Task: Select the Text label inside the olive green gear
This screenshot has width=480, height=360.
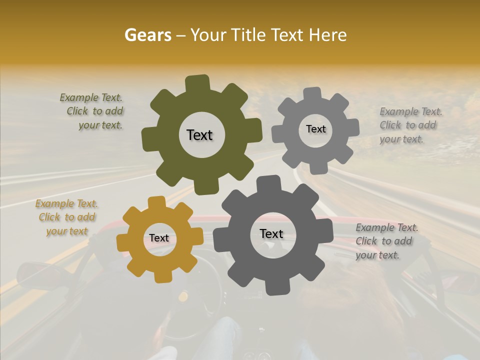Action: pos(199,135)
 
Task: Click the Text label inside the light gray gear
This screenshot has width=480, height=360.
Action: pos(315,129)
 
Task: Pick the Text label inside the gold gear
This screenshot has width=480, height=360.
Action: pos(159,238)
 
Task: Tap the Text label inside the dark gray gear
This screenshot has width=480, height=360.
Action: pos(271,233)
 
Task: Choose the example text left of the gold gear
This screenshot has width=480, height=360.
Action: pos(67,217)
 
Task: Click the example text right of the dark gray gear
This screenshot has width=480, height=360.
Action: pos(385,241)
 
